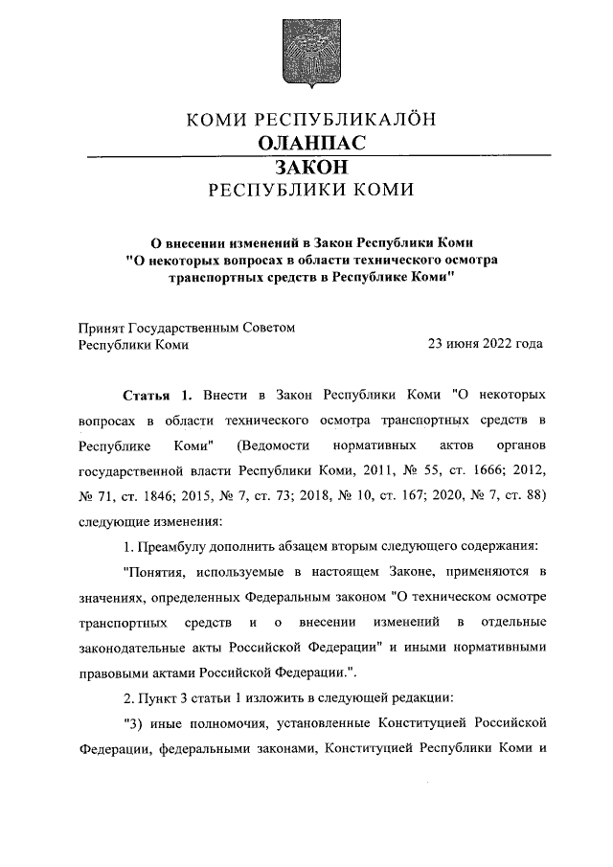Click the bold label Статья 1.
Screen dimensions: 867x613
[158, 396]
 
